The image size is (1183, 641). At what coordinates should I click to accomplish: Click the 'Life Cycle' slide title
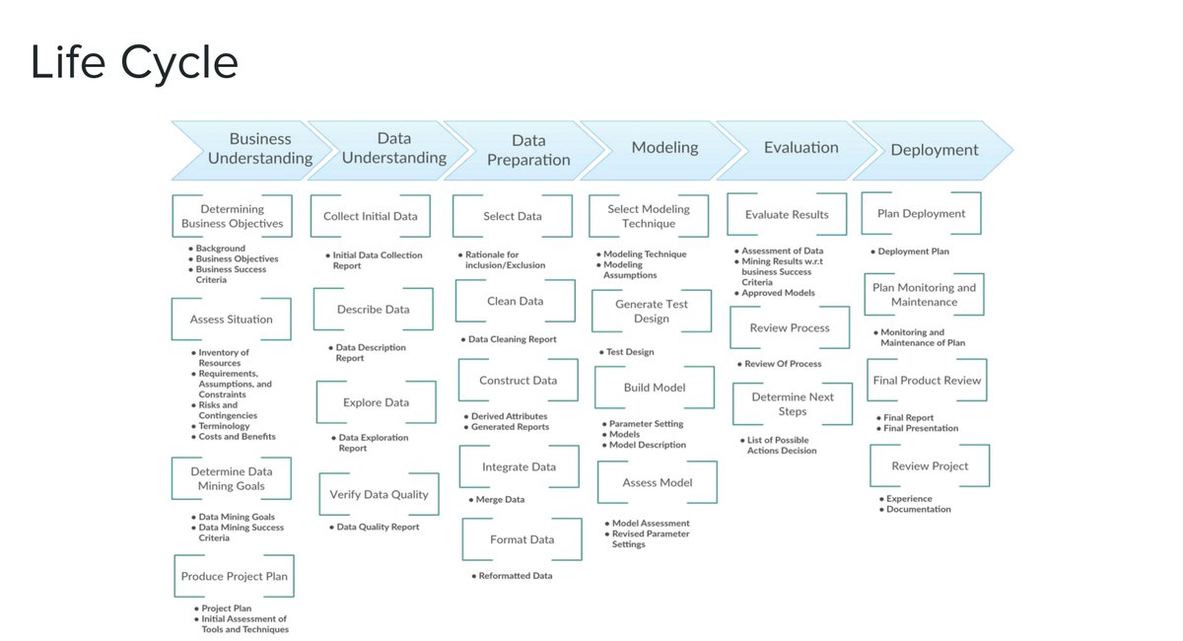pyautogui.click(x=134, y=62)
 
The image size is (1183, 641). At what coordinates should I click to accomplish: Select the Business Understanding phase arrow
pyautogui.click(x=259, y=149)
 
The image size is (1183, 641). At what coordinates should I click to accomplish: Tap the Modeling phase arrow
pyautogui.click(x=664, y=148)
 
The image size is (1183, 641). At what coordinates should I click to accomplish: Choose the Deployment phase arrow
pyautogui.click(x=934, y=150)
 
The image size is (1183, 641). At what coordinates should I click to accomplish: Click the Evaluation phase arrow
pyautogui.click(x=800, y=148)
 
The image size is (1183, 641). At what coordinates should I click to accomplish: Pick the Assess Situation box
pyautogui.click(x=232, y=320)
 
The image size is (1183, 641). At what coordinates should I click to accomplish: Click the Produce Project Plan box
pyautogui.click(x=235, y=576)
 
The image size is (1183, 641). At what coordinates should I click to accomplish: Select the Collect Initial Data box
pyautogui.click(x=370, y=216)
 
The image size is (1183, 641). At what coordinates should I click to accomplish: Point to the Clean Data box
pyautogui.click(x=515, y=301)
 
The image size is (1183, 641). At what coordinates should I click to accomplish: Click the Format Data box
pyautogui.click(x=522, y=539)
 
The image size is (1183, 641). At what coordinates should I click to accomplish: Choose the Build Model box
pyautogui.click(x=655, y=388)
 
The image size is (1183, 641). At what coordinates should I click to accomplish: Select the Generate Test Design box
pyautogui.click(x=652, y=311)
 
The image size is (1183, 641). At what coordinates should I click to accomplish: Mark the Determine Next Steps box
pyautogui.click(x=793, y=403)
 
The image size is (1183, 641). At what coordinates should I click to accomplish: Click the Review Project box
pyautogui.click(x=930, y=465)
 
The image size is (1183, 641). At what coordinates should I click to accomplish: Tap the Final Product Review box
pyautogui.click(x=927, y=381)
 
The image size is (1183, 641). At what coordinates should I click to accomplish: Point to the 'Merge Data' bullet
pyautogui.click(x=500, y=500)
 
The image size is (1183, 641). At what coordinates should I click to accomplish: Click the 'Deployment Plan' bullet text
pyautogui.click(x=913, y=251)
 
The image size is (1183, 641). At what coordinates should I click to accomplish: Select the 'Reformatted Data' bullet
pyautogui.click(x=515, y=576)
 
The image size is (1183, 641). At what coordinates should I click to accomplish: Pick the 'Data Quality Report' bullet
pyautogui.click(x=378, y=528)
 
